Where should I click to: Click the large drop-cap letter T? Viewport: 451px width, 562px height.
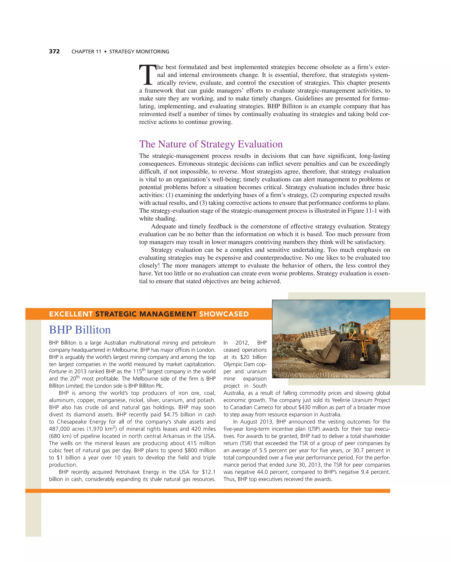coord(148,75)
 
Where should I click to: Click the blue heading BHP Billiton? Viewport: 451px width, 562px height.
coord(80,330)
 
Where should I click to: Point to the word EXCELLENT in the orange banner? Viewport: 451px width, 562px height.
coord(71,314)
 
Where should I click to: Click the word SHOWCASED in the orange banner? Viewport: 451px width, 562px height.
coord(224,314)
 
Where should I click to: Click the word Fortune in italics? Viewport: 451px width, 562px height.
coord(58,372)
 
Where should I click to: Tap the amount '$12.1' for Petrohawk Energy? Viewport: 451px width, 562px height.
coord(209,472)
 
